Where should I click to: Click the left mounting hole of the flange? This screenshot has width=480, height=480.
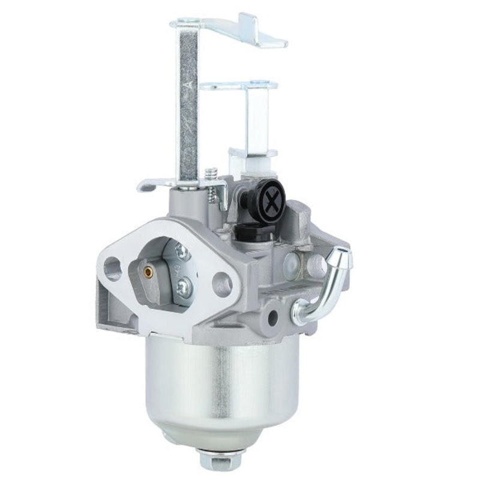pyautogui.click(x=113, y=268)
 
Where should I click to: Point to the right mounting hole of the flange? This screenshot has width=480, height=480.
pyautogui.click(x=221, y=283)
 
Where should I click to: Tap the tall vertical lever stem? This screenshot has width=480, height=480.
pyautogui.click(x=188, y=102)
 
